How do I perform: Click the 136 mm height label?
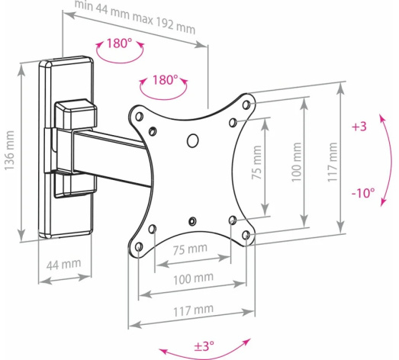[x=9, y=150]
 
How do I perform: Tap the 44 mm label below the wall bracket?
[x=63, y=265]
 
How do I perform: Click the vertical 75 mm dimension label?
[x=256, y=162]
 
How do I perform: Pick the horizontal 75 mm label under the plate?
[x=190, y=249]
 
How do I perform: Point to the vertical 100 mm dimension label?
[x=297, y=162]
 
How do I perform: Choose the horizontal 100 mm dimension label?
[x=193, y=279]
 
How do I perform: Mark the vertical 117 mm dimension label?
[x=333, y=162]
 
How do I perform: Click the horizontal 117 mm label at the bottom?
[x=193, y=310]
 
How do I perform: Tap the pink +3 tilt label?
[x=359, y=127]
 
